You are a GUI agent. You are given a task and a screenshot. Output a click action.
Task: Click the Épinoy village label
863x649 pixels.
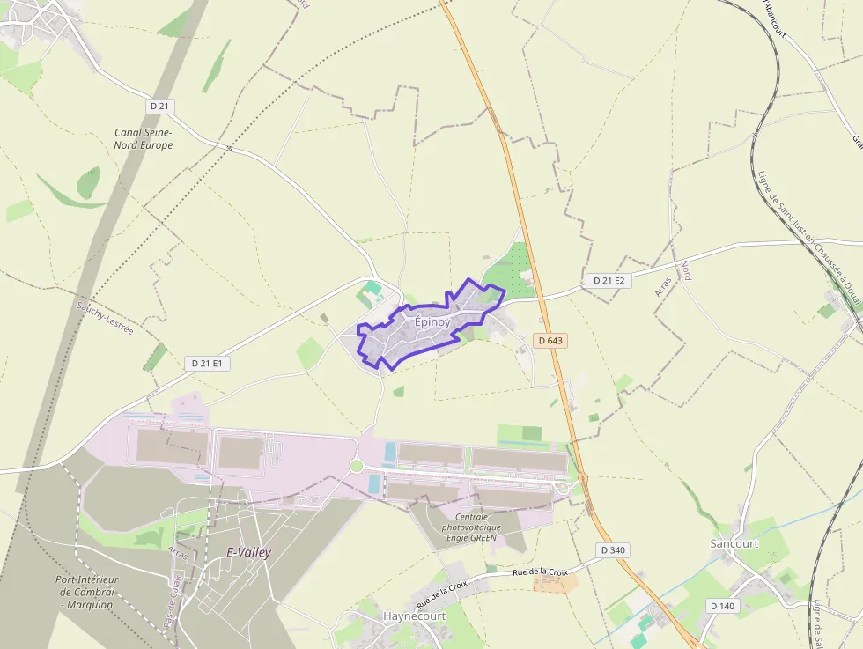point(432,322)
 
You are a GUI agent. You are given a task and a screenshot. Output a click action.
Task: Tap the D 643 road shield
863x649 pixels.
point(549,340)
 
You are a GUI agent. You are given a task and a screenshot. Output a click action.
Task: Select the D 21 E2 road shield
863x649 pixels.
point(609,280)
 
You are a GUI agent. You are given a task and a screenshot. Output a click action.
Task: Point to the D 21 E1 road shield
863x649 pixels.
point(208,363)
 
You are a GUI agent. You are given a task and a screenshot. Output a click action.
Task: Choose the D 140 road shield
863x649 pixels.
point(721,606)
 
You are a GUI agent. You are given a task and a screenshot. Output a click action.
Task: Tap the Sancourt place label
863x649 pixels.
point(734,543)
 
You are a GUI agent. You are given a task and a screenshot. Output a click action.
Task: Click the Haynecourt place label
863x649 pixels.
point(414,616)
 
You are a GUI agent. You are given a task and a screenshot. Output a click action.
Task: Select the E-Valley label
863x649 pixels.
point(249,553)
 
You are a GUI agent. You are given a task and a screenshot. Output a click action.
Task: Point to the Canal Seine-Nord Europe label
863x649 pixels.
point(144,138)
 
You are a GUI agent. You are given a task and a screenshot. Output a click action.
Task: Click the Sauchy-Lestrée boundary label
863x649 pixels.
point(105,318)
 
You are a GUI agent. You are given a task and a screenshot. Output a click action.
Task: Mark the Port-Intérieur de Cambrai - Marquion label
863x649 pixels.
point(87,592)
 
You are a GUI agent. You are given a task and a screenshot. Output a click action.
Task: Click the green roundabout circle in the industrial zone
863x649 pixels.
point(357,466)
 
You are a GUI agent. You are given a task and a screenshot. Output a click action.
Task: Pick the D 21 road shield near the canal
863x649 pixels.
point(160,106)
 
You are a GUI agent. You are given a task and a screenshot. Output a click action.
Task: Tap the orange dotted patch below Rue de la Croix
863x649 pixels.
point(556,582)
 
